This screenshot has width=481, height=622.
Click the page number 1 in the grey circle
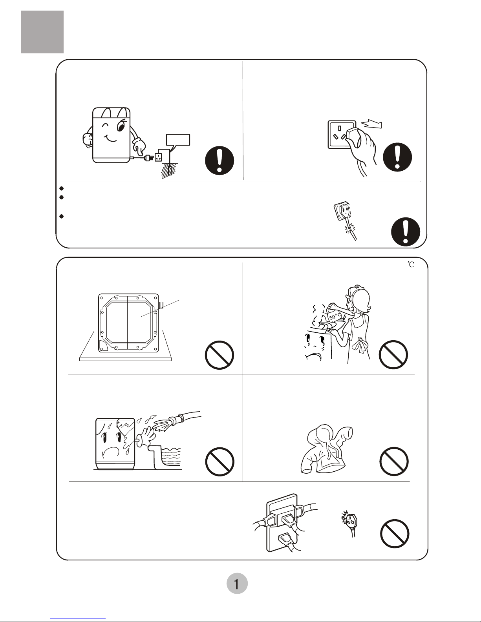(x=236, y=584)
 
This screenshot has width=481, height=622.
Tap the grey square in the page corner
(x=42, y=32)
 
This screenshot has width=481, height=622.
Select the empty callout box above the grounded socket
(x=178, y=140)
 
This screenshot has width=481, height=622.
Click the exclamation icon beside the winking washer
(x=219, y=160)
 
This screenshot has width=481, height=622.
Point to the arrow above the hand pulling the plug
(x=371, y=124)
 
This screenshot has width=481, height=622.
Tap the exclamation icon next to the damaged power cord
(x=406, y=232)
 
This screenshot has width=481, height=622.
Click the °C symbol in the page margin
(x=411, y=264)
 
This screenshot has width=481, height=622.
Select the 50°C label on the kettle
(x=335, y=316)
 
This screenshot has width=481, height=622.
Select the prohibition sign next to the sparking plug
(x=395, y=534)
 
